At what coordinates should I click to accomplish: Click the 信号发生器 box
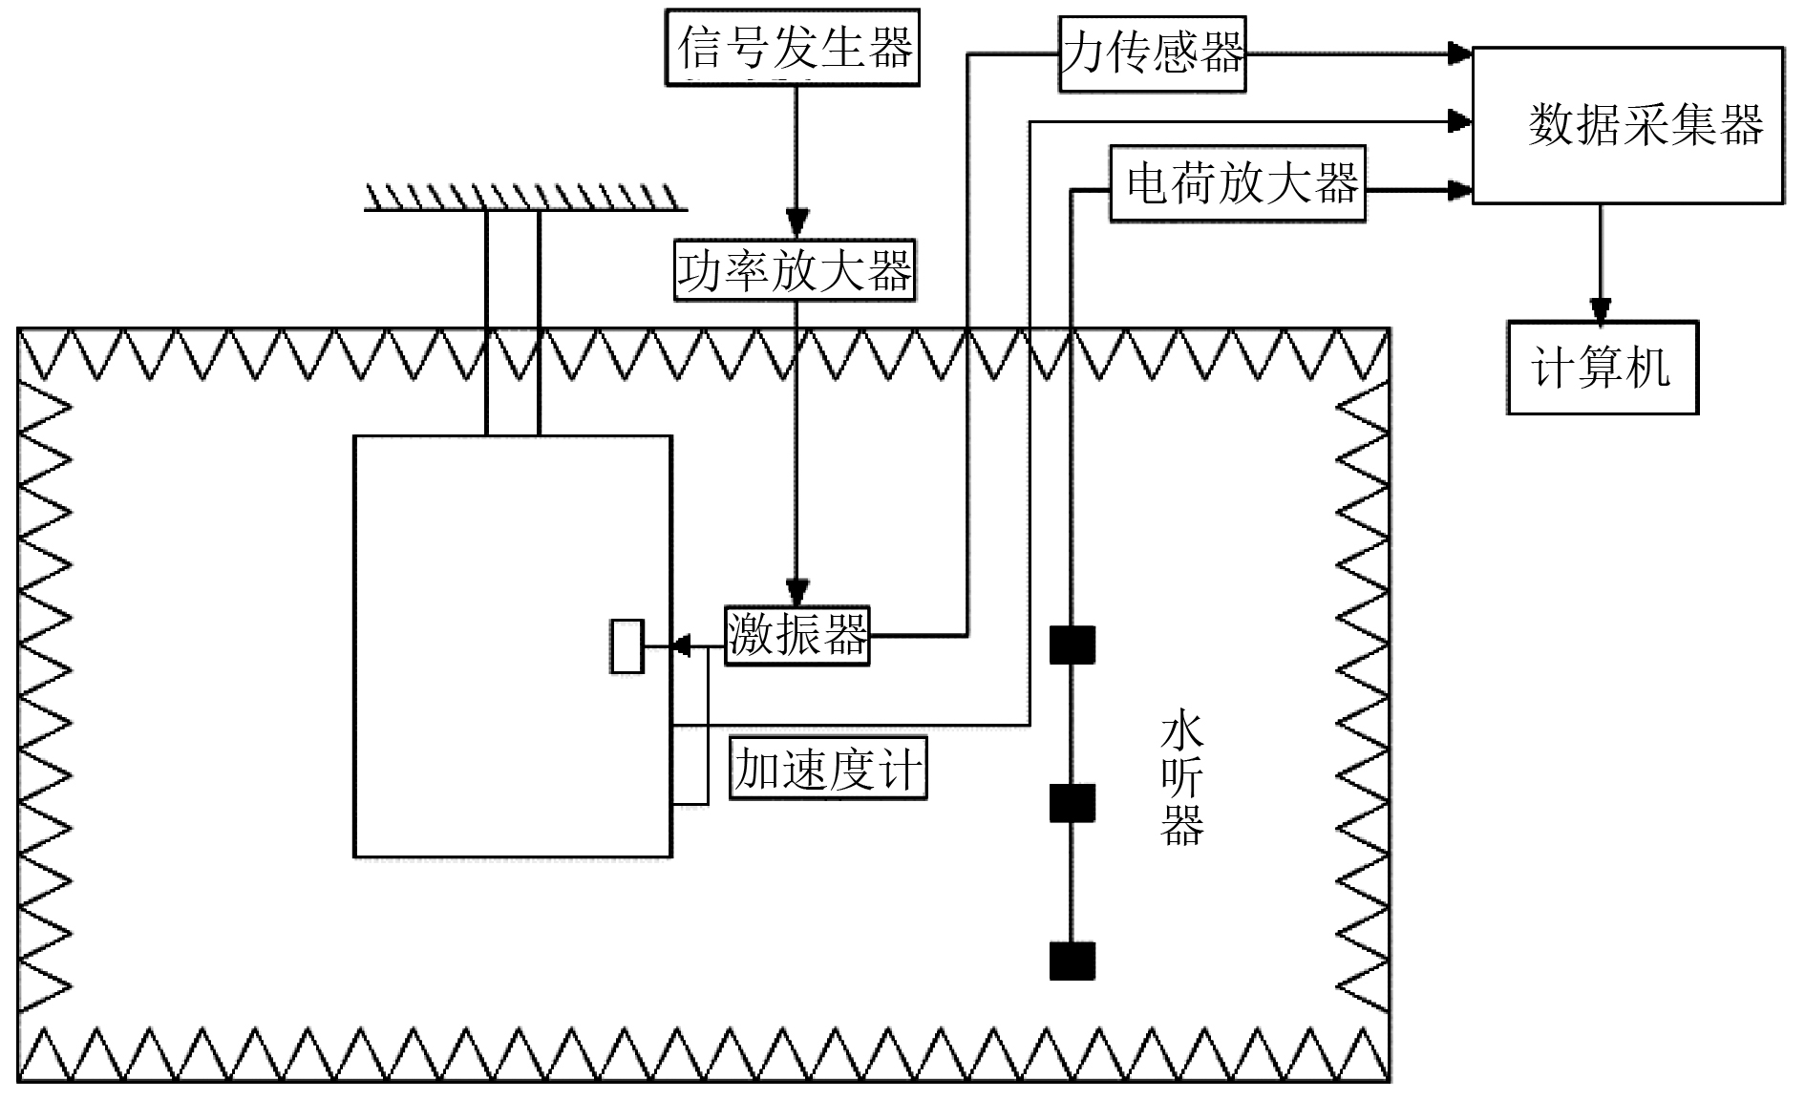[x=793, y=47]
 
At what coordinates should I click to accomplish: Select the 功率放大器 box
[x=795, y=271]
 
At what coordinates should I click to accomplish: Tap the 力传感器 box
[x=1152, y=53]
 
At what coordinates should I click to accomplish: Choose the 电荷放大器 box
[x=1238, y=183]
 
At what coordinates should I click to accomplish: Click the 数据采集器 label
[x=1646, y=125]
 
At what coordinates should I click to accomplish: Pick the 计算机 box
[x=1602, y=367]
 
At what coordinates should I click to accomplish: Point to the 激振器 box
[x=796, y=635]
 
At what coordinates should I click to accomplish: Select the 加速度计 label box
[x=827, y=768]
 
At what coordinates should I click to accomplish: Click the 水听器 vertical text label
[x=1181, y=781]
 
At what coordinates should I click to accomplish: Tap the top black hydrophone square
[x=1072, y=645]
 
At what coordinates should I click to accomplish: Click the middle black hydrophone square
[x=1072, y=803]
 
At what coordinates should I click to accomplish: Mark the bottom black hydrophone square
[x=1072, y=961]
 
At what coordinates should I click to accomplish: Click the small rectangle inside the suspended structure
[x=626, y=646]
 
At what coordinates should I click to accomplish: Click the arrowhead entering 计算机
[x=1601, y=309]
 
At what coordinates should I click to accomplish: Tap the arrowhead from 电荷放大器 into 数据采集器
[x=1459, y=190]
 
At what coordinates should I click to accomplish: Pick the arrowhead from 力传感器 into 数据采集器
[x=1459, y=53]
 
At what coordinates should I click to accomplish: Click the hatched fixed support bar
[x=524, y=198]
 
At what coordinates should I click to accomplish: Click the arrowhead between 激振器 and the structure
[x=681, y=646]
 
